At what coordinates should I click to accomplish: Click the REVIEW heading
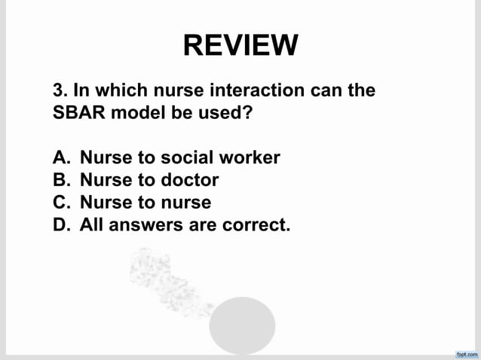point(240,45)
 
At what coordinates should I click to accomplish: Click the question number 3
point(59,92)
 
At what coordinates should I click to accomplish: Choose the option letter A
point(60,158)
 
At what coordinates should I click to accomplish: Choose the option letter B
point(60,181)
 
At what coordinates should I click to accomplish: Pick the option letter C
point(60,203)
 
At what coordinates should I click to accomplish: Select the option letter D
point(60,225)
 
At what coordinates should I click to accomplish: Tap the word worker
point(250,158)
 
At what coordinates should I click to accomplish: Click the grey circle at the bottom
point(242,325)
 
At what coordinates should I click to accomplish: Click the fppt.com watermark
point(467,353)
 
